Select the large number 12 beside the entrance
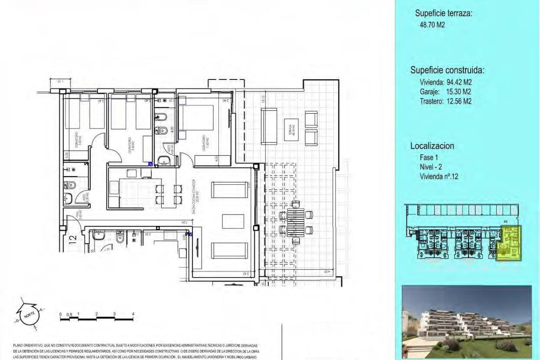coord(73,239)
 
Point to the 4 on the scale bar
coord(133,314)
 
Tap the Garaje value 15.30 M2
coord(458,92)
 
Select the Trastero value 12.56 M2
coord(459,101)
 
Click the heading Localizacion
coord(432,146)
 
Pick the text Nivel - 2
coord(431,167)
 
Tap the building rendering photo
coord(467,322)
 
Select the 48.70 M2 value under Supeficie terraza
coord(432,25)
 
